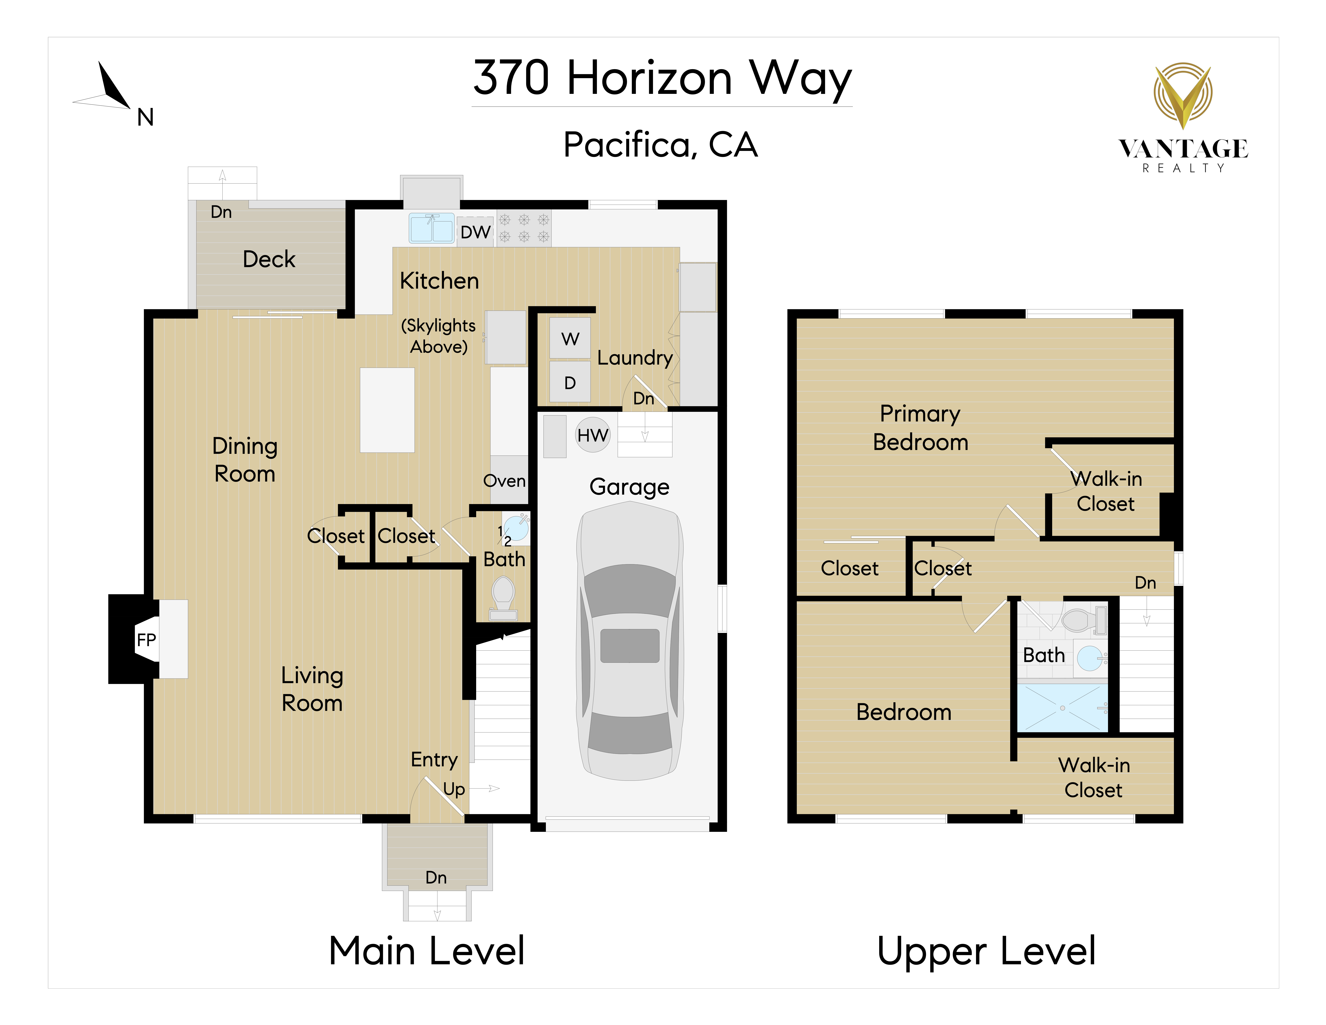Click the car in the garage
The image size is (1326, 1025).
coord(630,644)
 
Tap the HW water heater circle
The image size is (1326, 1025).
coord(592,435)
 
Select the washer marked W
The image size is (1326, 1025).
coord(570,338)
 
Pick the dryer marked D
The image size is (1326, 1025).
coord(570,382)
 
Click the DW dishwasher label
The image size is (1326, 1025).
coord(475,232)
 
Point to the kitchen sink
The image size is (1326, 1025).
coord(432,228)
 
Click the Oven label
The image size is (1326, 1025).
coord(504,481)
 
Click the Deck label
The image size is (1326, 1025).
coord(269,259)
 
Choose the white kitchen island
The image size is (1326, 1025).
coord(387,410)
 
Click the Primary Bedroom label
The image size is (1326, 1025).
coord(920,427)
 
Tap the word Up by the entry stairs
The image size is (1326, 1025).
coord(454,789)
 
